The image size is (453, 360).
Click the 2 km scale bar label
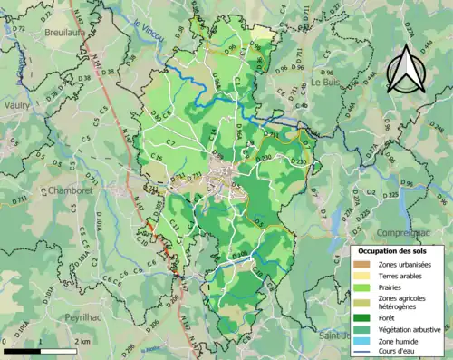coord(82,342)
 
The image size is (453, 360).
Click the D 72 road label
coord(18,30)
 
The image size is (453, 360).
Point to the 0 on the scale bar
coord(5,342)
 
